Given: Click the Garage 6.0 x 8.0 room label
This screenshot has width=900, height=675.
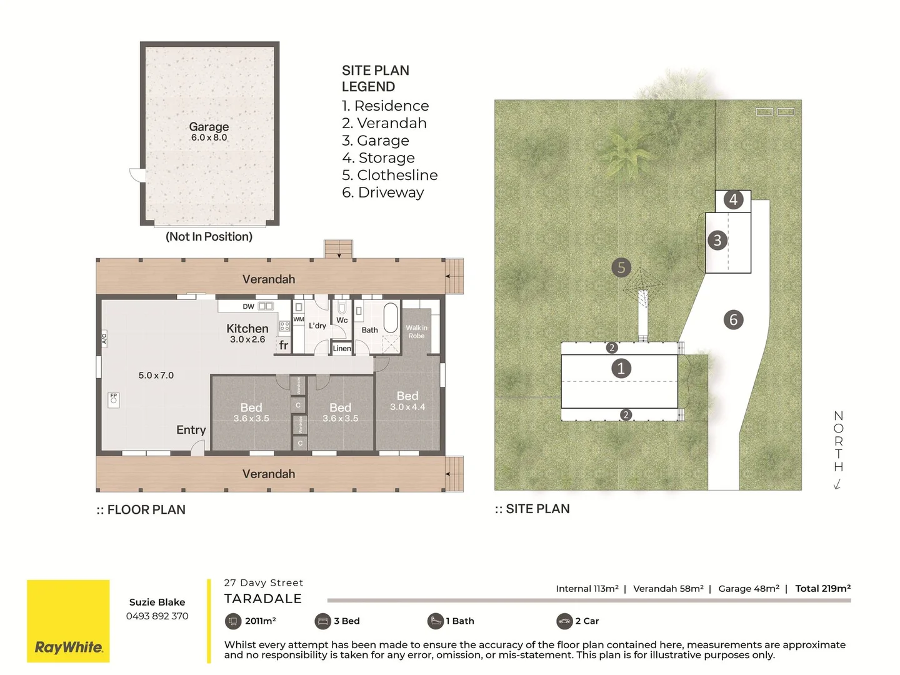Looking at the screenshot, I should coord(209,131).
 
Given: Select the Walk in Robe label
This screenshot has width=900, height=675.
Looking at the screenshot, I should coord(416,332).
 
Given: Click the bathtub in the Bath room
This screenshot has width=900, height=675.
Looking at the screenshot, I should coord(391,318).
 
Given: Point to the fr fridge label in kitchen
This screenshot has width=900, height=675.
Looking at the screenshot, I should coord(284,345).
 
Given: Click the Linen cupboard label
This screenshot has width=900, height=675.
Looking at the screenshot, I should coord(342,349).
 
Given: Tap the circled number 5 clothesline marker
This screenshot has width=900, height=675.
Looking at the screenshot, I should coord(621,267).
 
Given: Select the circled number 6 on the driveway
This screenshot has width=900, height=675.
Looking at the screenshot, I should coord(733,320).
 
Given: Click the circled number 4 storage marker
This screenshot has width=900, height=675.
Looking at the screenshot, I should coord(733,200).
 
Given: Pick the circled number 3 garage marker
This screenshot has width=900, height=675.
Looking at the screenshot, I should coord(717,240).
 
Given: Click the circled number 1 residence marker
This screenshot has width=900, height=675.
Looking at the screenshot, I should coord(621,368).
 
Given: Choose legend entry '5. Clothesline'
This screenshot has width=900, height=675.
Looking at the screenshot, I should coord(389,175).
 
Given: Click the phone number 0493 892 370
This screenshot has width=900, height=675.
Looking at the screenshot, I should coord(157,616).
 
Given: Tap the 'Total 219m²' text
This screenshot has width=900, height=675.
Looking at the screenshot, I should coord(822,588).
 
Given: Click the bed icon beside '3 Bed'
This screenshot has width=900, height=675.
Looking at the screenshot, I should coord(322,621).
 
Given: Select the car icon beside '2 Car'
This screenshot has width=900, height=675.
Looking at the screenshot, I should coord(564,621).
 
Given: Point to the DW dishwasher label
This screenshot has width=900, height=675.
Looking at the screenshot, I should coord(249,306).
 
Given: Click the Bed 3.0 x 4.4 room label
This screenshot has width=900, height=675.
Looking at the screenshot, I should coord(407,400).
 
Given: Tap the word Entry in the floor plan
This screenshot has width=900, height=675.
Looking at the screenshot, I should coord(191,430).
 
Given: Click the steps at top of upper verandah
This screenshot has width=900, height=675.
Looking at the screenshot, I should coord(338,249).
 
